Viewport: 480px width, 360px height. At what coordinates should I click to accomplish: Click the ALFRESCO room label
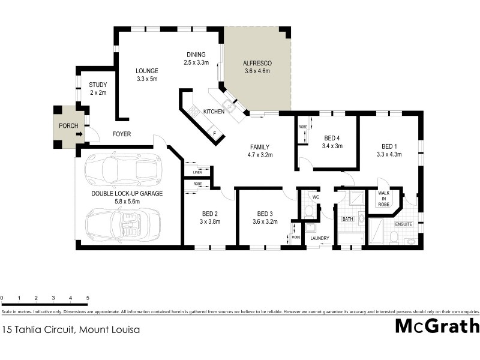pos(257,62)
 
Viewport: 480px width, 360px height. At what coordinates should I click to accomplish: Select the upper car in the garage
pos(122,169)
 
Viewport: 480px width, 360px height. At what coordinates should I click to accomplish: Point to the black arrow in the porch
pos(80,134)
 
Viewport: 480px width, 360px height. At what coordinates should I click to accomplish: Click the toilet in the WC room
pos(309,211)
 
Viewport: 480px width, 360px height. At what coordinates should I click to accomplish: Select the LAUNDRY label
pos(319,238)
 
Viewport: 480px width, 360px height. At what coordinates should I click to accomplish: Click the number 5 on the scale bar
pos(88,298)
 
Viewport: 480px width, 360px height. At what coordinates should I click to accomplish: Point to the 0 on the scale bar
pos(2,298)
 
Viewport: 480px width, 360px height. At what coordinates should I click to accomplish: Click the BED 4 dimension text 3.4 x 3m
pos(332,146)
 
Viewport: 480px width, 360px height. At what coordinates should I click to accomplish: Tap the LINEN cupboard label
pos(197,172)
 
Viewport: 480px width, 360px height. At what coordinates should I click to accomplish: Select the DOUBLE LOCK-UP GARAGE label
pos(127,193)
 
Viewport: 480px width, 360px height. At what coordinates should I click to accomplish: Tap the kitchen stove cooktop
pos(193,111)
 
